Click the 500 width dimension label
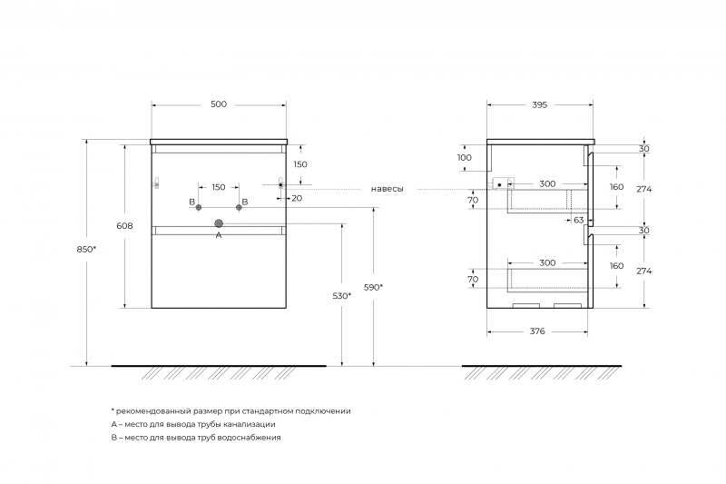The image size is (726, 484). click(219, 104)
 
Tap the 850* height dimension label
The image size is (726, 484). click(86, 249)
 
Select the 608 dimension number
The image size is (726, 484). click(124, 226)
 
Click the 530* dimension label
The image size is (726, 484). click(342, 295)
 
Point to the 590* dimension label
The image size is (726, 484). click(373, 287)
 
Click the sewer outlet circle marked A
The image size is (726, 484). click(219, 223)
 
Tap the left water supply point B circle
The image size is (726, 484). click(199, 208)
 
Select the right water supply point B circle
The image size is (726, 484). click(239, 208)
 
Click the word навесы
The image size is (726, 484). click(388, 189)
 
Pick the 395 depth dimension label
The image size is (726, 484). click(539, 105)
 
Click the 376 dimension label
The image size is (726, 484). click(537, 331)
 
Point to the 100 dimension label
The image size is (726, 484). click(465, 157)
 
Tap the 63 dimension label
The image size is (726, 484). click(579, 220)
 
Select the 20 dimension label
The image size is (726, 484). click(297, 198)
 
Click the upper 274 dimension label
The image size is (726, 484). click(644, 189)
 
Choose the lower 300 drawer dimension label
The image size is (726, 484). click(547, 262)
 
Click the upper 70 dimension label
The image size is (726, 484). click(473, 200)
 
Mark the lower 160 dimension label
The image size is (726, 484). click(617, 266)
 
